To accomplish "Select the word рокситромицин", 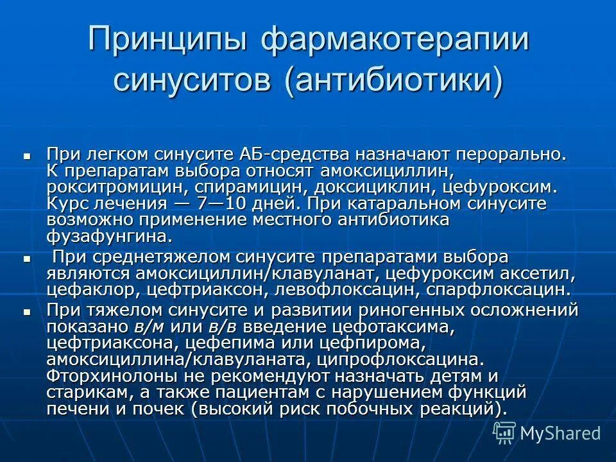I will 113,187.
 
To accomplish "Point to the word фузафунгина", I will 108,236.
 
